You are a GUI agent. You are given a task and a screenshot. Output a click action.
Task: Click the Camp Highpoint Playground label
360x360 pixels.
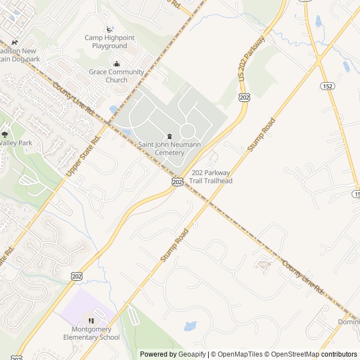coord(110,42)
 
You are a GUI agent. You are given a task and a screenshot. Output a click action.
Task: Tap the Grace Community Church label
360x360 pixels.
coord(116,76)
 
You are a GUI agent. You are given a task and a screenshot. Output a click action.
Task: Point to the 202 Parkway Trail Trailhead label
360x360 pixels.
coord(211,177)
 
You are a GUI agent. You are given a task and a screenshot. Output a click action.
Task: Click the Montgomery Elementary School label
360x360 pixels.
coord(91,334)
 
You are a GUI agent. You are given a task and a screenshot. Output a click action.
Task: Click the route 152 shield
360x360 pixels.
coord(328,85)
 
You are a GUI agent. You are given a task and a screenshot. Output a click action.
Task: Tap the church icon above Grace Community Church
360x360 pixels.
coord(116,64)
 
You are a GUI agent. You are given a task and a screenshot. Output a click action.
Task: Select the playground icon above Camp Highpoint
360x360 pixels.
coord(109,29)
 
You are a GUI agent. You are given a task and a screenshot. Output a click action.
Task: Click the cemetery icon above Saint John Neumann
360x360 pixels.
coord(169,137)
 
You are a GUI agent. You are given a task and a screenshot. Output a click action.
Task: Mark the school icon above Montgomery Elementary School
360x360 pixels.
coord(91,321)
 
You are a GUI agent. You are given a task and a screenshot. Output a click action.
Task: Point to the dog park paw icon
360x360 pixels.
coord(15,43)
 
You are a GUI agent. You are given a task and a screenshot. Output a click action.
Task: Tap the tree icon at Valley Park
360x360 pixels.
coord(5,134)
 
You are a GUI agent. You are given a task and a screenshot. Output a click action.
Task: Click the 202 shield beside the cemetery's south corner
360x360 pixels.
coord(177,182)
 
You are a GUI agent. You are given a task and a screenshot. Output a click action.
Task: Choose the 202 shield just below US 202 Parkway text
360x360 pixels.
coord(244,97)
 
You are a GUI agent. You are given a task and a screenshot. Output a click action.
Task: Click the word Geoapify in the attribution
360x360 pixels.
coord(192,354)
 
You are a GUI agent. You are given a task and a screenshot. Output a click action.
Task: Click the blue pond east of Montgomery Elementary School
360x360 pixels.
coord(190,326)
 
